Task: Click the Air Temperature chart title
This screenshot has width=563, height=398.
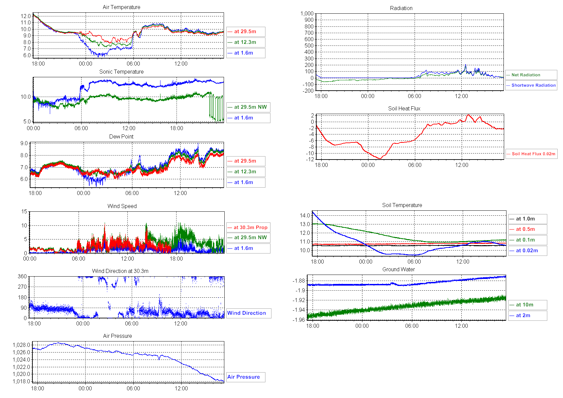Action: point(121,7)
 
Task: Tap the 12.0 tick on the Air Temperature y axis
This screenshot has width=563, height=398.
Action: point(26,16)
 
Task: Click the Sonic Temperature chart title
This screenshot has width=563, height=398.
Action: point(121,72)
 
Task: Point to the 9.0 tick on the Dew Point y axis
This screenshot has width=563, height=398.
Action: point(24,143)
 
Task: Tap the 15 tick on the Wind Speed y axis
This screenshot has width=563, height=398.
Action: point(24,211)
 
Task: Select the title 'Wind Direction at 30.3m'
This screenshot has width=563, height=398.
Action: point(120,271)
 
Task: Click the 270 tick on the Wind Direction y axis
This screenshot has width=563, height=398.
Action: point(22,287)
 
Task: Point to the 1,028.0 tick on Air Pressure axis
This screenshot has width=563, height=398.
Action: point(21,345)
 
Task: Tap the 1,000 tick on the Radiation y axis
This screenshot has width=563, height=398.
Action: point(307,13)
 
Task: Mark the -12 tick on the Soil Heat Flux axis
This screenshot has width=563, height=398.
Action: point(310,159)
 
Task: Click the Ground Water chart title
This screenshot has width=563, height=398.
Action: point(399,269)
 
